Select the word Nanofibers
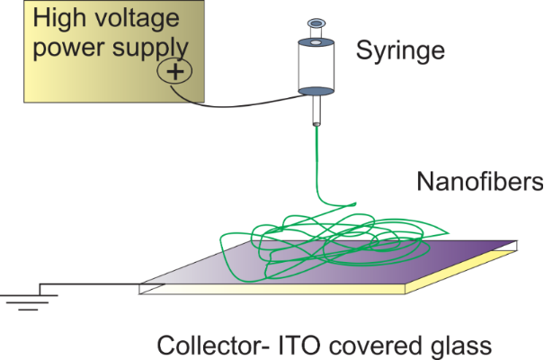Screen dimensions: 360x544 pos(480,184)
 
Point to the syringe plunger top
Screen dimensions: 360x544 pos(316,23)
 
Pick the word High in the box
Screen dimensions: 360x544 pos(63,17)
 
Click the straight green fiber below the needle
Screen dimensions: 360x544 pos(317,162)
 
